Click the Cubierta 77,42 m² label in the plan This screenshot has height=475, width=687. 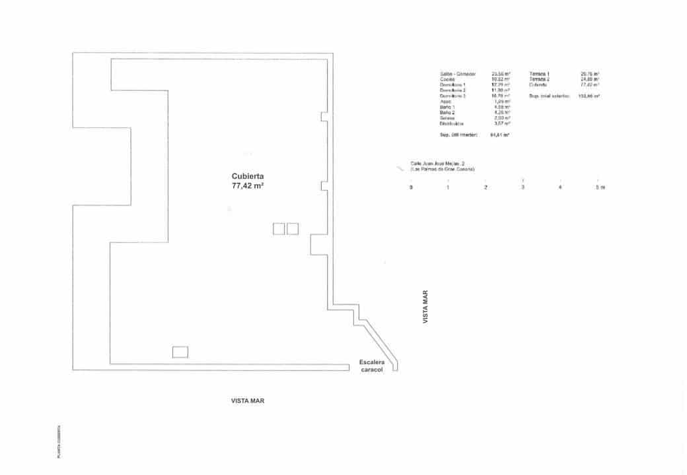pos(248,181)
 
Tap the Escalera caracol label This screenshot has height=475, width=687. pos(372,366)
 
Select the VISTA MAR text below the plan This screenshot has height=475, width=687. pos(248,400)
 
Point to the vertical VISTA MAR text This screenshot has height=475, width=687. pos(426,307)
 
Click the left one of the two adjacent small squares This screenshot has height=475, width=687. pos(279,229)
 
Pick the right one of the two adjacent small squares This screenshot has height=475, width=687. pos(293,229)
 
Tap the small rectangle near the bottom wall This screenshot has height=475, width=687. pos(180,352)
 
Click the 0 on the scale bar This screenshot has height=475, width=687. pos(411,188)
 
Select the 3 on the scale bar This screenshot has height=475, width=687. pos(523,188)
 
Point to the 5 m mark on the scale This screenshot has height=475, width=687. pos(599,188)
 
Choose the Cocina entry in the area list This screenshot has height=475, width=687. pos(447,79)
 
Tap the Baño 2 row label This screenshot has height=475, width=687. pos(448,113)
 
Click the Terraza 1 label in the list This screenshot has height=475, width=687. pos(540,73)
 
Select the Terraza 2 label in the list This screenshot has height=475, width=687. pos(540,79)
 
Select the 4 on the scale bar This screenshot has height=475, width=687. pos(560,188)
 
